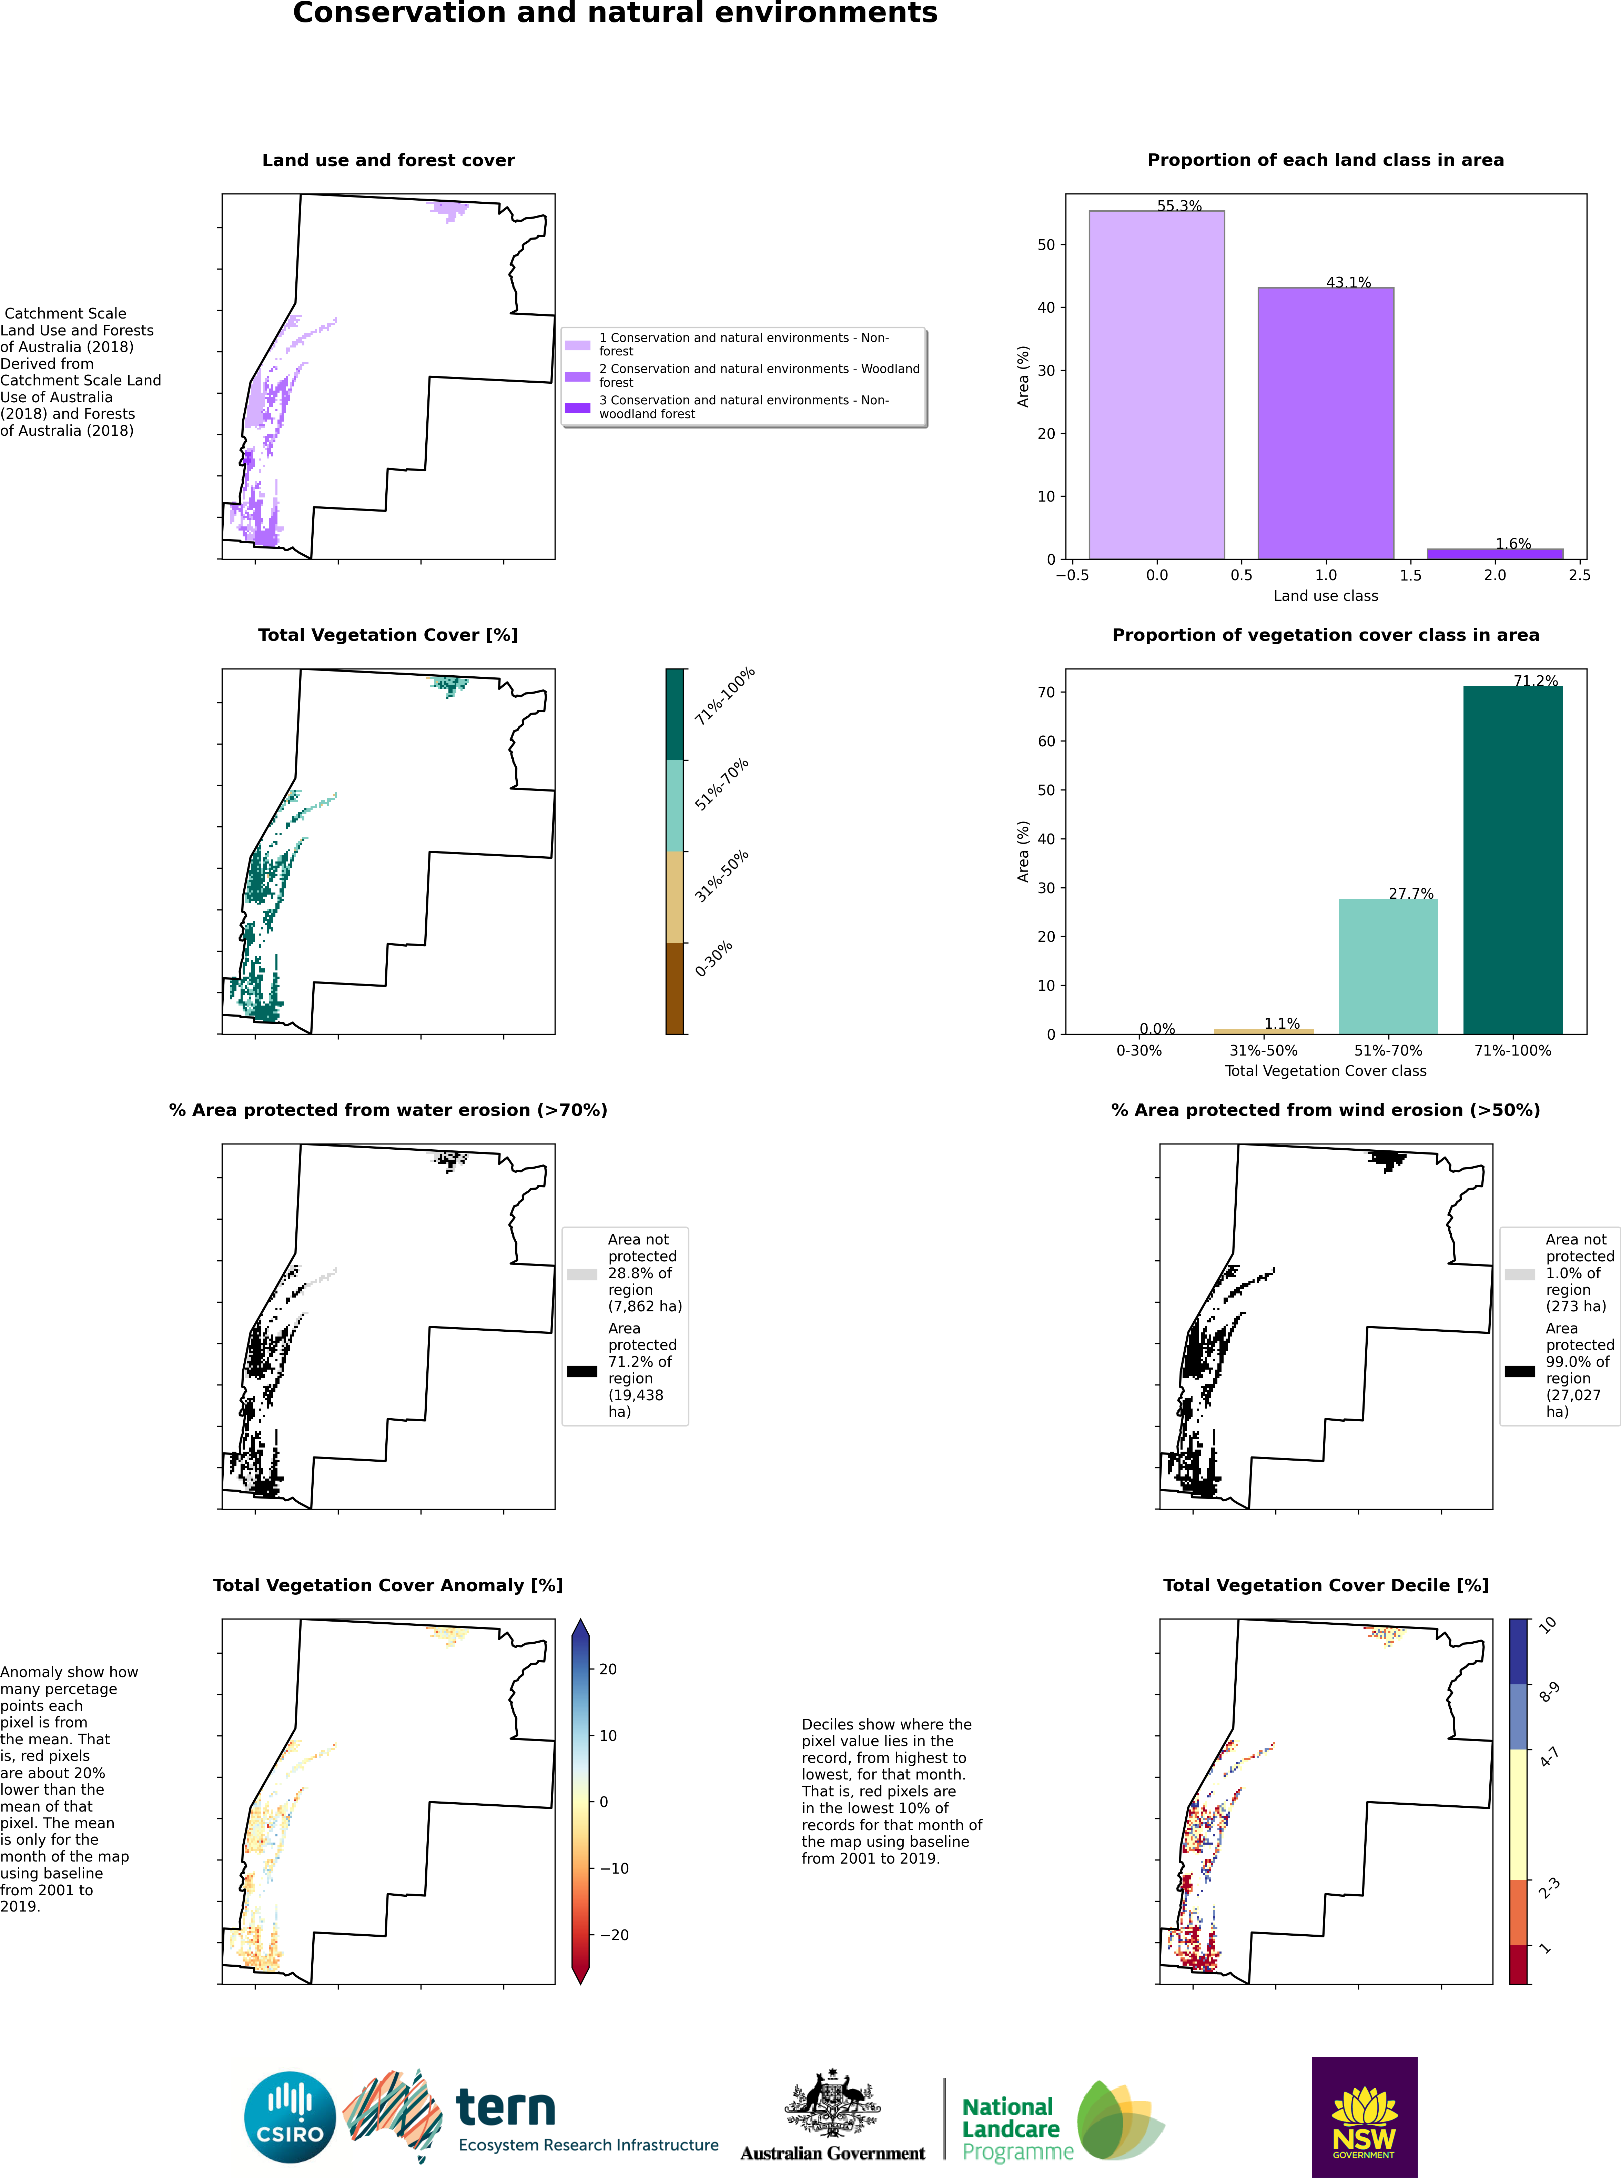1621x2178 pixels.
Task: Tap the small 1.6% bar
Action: point(1495,554)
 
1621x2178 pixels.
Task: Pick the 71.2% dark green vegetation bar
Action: point(1512,860)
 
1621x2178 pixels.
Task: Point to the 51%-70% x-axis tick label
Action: point(1387,1050)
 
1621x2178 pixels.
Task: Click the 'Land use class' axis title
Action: point(1326,596)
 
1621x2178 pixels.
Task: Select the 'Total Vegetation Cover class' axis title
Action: point(1326,1071)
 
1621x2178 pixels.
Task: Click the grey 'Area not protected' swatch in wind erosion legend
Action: point(1520,1274)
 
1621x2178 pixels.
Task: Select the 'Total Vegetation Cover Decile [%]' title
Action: point(1326,1585)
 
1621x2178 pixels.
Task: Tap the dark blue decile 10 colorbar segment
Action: point(1519,1651)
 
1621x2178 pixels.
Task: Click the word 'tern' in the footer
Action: point(505,2106)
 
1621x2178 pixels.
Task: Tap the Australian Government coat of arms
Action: point(832,2105)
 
